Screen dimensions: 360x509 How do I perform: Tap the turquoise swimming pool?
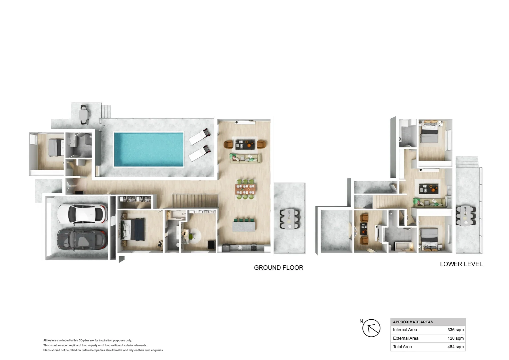coord(149,149)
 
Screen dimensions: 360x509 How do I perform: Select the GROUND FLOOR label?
coord(278,268)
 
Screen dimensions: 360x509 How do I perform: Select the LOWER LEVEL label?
coord(461,264)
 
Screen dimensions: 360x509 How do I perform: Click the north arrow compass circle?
coord(371,328)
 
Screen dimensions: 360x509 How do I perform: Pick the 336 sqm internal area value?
coord(455,330)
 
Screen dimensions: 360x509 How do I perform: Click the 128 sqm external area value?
coord(455,338)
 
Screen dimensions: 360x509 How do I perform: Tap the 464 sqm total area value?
coord(455,347)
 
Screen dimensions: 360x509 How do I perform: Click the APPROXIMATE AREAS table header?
coord(413,322)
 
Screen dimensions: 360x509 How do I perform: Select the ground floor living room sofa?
coord(245,158)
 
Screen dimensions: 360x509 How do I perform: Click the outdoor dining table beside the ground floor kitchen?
coord(289,219)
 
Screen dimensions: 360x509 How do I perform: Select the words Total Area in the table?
coord(402,347)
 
